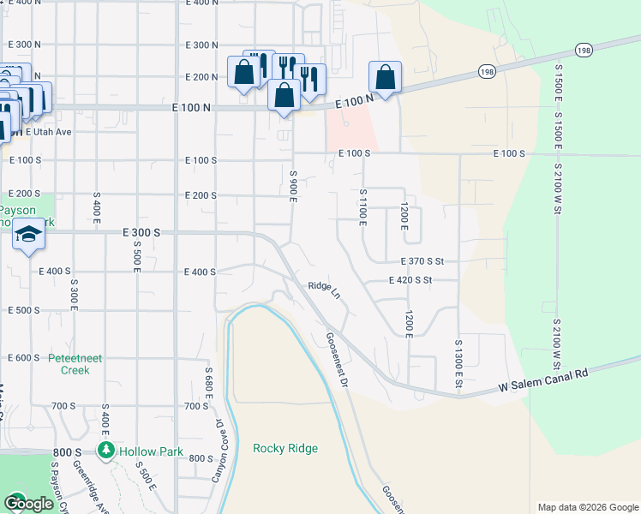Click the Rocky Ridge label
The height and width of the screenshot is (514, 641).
[x=285, y=448]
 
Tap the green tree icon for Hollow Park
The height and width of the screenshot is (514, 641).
[x=106, y=450]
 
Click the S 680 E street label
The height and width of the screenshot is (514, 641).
[x=208, y=388]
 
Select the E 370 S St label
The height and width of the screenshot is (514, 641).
[x=425, y=260]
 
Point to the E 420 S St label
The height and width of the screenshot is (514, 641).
[x=410, y=280]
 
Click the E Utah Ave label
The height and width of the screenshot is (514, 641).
[x=48, y=132]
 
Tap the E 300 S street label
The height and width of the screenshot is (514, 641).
[x=142, y=232]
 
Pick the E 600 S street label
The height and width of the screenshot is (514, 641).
[x=24, y=357]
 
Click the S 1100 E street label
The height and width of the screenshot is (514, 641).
[x=363, y=207]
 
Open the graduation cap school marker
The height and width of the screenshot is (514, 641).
[x=28, y=235]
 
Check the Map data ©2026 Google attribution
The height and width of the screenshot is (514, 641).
[x=587, y=507]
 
